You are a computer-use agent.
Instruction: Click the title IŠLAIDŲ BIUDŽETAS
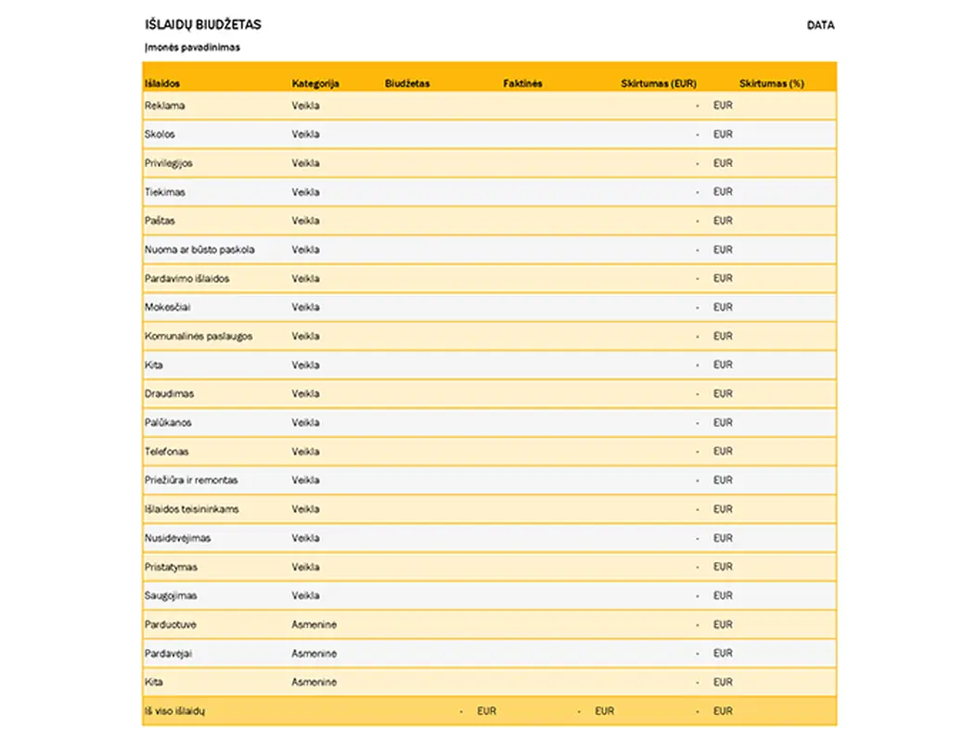203,25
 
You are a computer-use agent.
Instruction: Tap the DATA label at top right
820,25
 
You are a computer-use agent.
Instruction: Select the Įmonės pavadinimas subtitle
192,47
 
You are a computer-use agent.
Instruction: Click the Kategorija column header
315,83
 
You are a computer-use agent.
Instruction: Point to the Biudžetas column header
407,83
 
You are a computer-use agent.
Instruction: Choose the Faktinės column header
522,83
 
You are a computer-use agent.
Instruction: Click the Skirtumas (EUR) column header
659,83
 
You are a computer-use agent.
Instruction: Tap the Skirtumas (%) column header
772,83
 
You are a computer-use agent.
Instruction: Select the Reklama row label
164,106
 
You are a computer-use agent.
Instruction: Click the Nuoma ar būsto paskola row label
199,249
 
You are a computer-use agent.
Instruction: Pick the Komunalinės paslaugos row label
199,336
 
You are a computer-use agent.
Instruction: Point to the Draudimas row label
168,393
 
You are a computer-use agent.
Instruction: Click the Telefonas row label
167,452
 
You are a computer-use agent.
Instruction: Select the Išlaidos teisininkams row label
192,509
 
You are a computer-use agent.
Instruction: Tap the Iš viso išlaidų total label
174,711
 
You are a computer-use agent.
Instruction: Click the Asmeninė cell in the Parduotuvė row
315,625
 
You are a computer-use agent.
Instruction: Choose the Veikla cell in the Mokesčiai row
306,307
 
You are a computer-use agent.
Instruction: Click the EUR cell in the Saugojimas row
723,595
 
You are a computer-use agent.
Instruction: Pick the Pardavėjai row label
169,654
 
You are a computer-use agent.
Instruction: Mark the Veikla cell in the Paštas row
306,221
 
